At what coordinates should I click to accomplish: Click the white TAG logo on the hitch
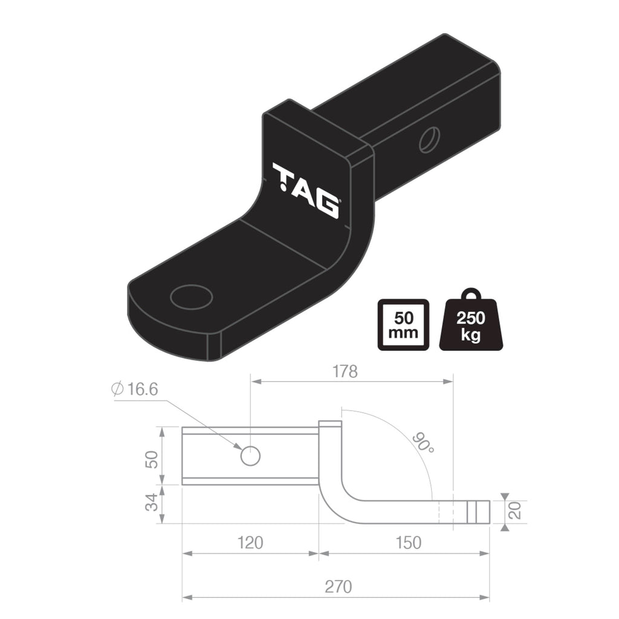coord(305,189)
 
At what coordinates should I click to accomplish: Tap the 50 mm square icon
coord(403,325)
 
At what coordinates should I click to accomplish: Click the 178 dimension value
coord(345,371)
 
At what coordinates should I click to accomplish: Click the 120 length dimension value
coord(250,542)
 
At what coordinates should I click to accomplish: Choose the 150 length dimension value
coord(408,542)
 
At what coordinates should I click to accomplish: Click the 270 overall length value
coord(337,586)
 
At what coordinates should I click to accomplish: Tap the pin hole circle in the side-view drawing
coord(250,456)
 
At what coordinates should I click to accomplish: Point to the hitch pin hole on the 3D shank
coord(429,140)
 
